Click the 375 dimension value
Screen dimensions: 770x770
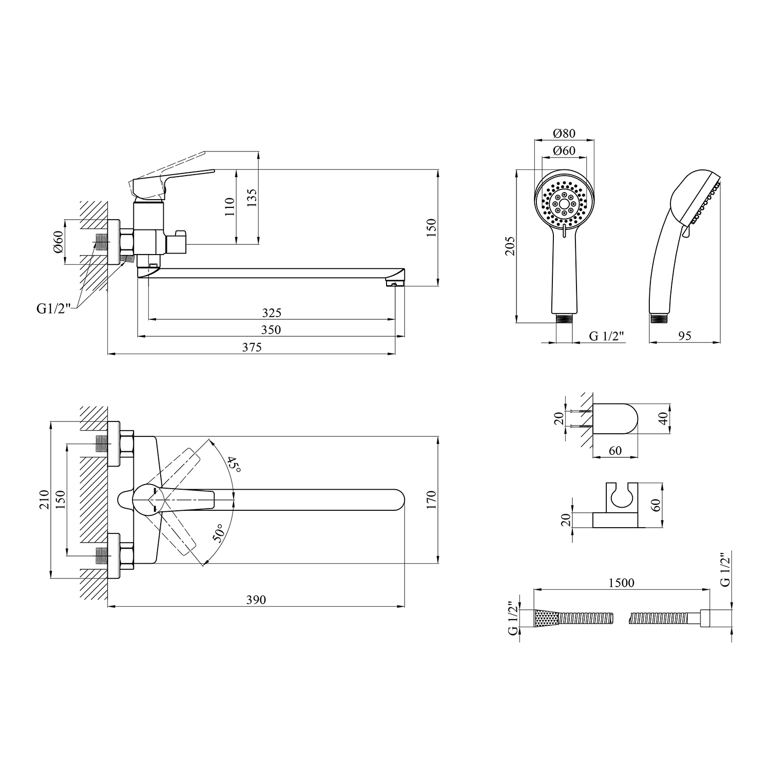(252, 348)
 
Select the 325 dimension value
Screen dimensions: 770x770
(272, 313)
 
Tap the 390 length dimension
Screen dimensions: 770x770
(256, 600)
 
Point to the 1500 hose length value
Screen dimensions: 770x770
(621, 583)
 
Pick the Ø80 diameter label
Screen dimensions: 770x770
(564, 133)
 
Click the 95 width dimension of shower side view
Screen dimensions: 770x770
(685, 336)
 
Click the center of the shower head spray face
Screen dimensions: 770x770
(564, 204)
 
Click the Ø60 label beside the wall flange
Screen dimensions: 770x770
(57, 241)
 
